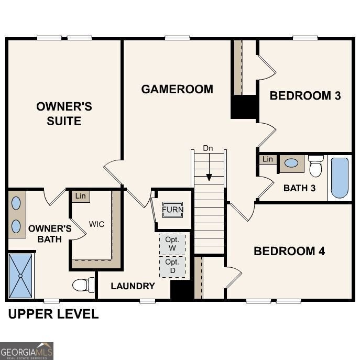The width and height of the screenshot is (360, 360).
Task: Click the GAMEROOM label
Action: click(x=177, y=89)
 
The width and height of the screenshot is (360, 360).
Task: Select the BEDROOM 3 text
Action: click(x=305, y=95)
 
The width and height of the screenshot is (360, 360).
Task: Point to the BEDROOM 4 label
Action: click(x=289, y=251)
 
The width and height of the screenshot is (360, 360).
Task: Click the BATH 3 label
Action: click(x=299, y=188)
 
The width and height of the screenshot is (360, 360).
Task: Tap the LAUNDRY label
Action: click(x=133, y=286)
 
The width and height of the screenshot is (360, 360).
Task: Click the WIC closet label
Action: click(x=96, y=224)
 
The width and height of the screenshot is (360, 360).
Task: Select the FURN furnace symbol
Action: click(x=172, y=210)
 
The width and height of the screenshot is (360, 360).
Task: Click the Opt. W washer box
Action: click(x=172, y=244)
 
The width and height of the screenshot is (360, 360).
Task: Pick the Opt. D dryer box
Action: click(x=172, y=266)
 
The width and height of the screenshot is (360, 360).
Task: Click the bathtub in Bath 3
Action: click(x=340, y=178)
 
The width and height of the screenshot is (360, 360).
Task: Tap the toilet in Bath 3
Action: click(x=315, y=166)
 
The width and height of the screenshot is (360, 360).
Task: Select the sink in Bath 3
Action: click(x=291, y=163)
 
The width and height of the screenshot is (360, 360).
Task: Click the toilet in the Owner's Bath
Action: click(x=82, y=285)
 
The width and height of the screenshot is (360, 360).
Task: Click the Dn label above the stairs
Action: click(x=208, y=148)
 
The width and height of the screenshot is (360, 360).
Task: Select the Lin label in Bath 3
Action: click(x=268, y=159)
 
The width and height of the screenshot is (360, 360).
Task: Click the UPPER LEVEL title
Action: click(x=52, y=314)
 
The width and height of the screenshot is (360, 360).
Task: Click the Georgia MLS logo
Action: click(x=26, y=351)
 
